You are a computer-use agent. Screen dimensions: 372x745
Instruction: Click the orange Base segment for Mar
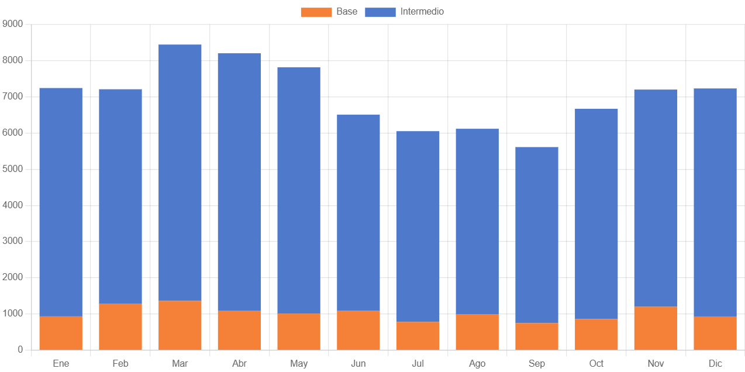pos(180,325)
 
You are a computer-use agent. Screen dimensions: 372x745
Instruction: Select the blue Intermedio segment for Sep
pos(537,235)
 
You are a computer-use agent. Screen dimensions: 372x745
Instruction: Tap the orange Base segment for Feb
pos(120,326)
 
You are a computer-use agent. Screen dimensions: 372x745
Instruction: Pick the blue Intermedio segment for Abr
pos(240,182)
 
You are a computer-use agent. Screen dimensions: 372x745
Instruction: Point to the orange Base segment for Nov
pos(656,328)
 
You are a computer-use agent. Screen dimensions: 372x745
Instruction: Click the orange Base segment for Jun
pos(358,330)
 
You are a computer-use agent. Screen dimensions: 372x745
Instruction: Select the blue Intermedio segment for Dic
pos(715,202)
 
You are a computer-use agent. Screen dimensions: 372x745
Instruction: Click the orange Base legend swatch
pos(316,12)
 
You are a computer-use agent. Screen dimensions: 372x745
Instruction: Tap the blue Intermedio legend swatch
pos(380,12)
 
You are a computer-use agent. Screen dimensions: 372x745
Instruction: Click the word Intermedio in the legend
pos(422,12)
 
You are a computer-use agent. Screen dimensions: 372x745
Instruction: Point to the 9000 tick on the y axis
pos(12,23)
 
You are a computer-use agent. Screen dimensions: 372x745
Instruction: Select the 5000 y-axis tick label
pos(12,168)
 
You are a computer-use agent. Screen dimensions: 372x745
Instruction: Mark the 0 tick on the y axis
pos(20,350)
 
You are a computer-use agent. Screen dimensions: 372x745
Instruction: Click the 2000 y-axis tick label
pos(12,277)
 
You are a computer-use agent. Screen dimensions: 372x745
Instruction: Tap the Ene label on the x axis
pos(61,364)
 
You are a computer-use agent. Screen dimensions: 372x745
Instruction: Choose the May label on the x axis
pos(299,364)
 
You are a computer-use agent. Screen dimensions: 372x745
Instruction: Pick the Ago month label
pos(477,364)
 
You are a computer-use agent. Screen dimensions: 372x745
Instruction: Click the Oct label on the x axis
pos(596,364)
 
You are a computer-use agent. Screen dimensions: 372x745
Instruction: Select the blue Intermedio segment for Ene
pos(61,202)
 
